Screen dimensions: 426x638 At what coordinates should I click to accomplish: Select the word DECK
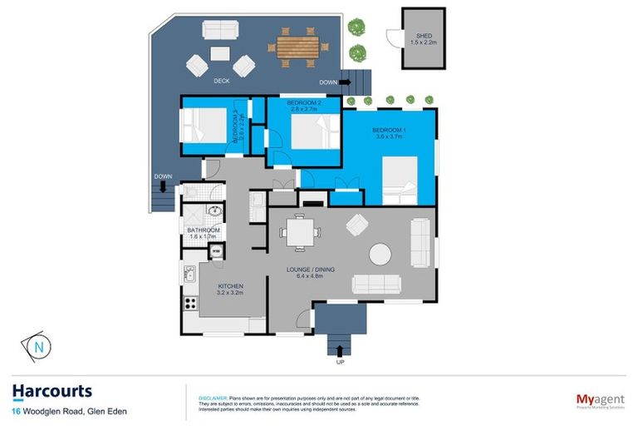tap(221, 81)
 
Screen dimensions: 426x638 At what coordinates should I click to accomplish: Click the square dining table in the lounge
tap(298, 231)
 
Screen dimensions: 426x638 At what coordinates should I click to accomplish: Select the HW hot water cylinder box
tap(216, 251)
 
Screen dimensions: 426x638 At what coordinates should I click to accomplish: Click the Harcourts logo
tap(52, 391)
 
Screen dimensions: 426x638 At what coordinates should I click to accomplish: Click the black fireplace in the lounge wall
tap(312, 200)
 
